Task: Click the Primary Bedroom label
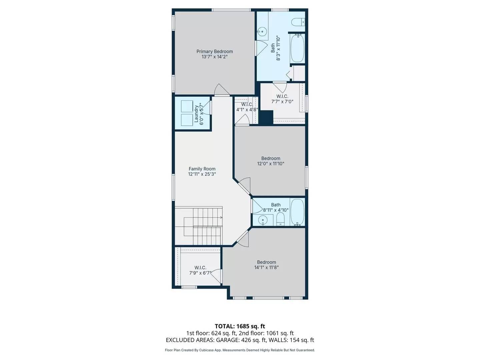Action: (x=214, y=51)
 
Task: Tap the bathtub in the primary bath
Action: (x=297, y=48)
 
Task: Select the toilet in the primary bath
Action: (x=298, y=22)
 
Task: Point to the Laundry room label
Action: (x=196, y=114)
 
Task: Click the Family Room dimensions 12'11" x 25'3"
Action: (x=202, y=174)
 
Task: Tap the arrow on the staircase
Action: (x=221, y=218)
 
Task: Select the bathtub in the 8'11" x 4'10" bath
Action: (x=297, y=212)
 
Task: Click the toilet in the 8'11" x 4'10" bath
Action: (x=280, y=219)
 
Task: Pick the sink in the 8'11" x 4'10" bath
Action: (x=263, y=220)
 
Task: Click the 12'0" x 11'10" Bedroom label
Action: (x=271, y=158)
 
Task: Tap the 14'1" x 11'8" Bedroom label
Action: (x=266, y=262)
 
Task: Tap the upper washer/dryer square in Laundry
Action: (x=185, y=106)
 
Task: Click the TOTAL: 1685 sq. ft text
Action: (x=240, y=326)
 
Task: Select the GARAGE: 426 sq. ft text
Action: (x=240, y=340)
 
